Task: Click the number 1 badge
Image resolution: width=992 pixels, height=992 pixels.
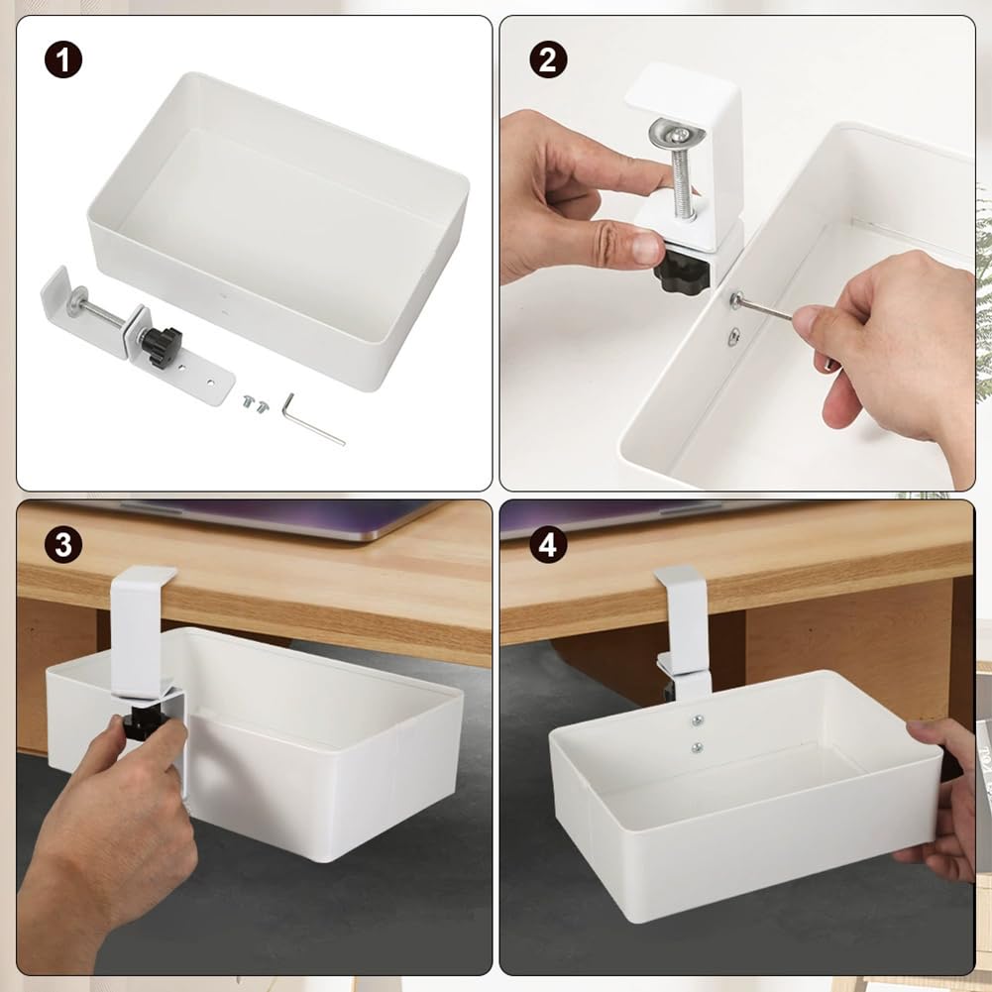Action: click(62, 61)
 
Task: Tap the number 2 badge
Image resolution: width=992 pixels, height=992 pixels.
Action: click(547, 61)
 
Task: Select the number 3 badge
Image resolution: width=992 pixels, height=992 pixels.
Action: click(62, 545)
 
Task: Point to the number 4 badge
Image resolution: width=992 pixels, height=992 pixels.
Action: click(547, 545)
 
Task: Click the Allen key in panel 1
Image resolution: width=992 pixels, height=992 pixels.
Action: click(310, 417)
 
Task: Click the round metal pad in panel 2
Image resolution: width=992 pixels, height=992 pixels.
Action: click(671, 132)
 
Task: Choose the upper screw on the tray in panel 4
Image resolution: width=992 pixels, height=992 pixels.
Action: click(697, 721)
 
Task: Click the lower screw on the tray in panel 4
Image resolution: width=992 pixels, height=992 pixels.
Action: click(697, 747)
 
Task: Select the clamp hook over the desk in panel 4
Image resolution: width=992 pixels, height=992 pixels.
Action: click(682, 614)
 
